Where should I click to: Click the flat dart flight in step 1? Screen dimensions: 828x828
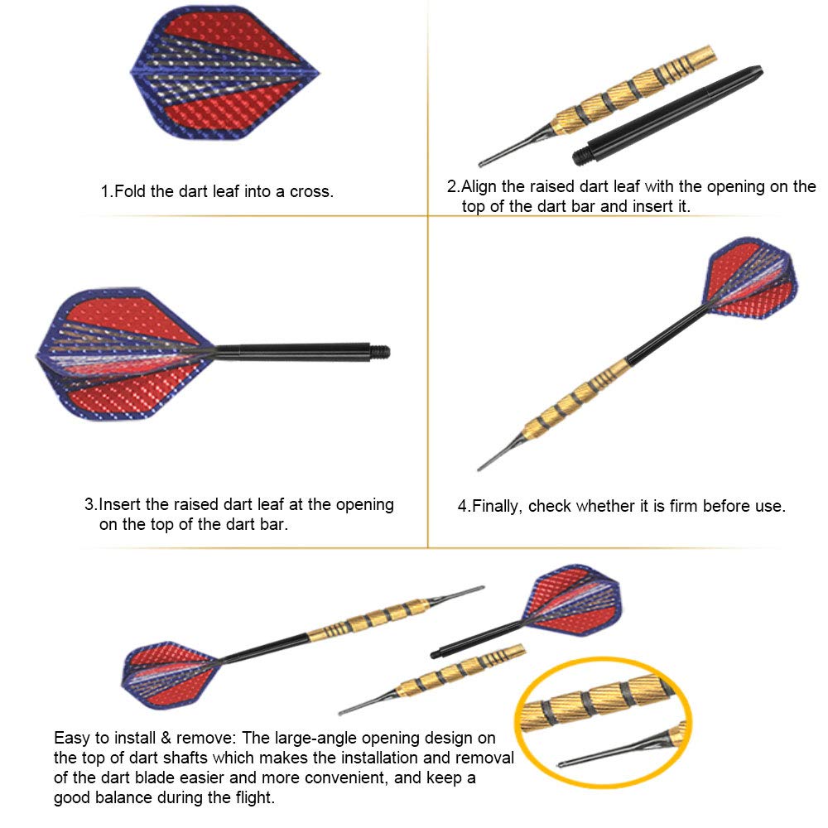[225, 73]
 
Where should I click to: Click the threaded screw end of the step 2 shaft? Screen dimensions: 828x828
[581, 156]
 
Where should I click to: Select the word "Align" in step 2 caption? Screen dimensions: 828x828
[479, 187]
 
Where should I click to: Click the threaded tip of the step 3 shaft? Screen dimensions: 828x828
[380, 352]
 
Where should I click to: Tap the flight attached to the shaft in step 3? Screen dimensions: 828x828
[126, 354]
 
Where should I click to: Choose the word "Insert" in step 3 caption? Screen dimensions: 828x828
[120, 504]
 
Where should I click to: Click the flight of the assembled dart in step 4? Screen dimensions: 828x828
[751, 279]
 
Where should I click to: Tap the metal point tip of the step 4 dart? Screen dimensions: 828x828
[480, 468]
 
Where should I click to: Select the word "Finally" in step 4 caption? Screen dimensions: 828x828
[497, 507]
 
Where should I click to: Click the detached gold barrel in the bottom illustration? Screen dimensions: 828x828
[432, 679]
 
